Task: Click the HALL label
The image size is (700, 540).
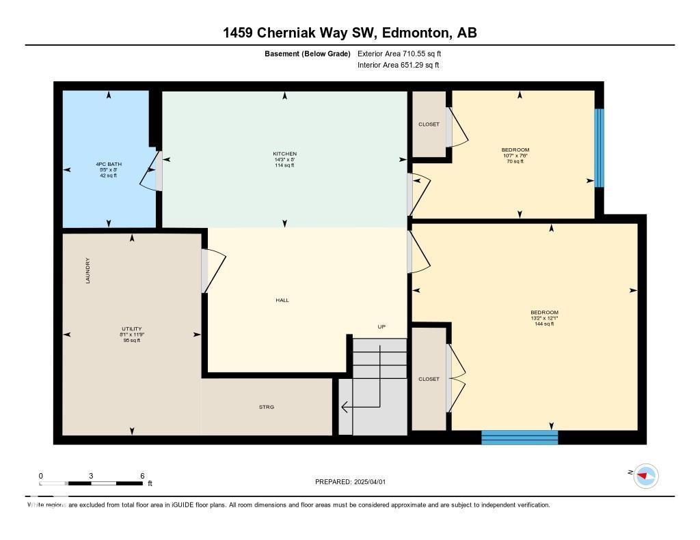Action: pos(282,300)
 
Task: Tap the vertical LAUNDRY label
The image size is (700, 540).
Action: pos(87,270)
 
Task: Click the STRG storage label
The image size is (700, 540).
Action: pos(266,407)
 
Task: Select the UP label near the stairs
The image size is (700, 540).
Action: pos(381,326)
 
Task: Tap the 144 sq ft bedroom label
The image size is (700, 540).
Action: pos(544,317)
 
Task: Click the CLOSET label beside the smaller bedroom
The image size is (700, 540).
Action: pos(429,124)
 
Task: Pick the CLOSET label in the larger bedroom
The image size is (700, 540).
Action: pos(429,379)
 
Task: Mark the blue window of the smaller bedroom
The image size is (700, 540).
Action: pos(599,147)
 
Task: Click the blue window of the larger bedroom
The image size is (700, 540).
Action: pos(520,437)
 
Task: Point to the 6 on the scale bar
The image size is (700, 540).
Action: pos(142,476)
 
